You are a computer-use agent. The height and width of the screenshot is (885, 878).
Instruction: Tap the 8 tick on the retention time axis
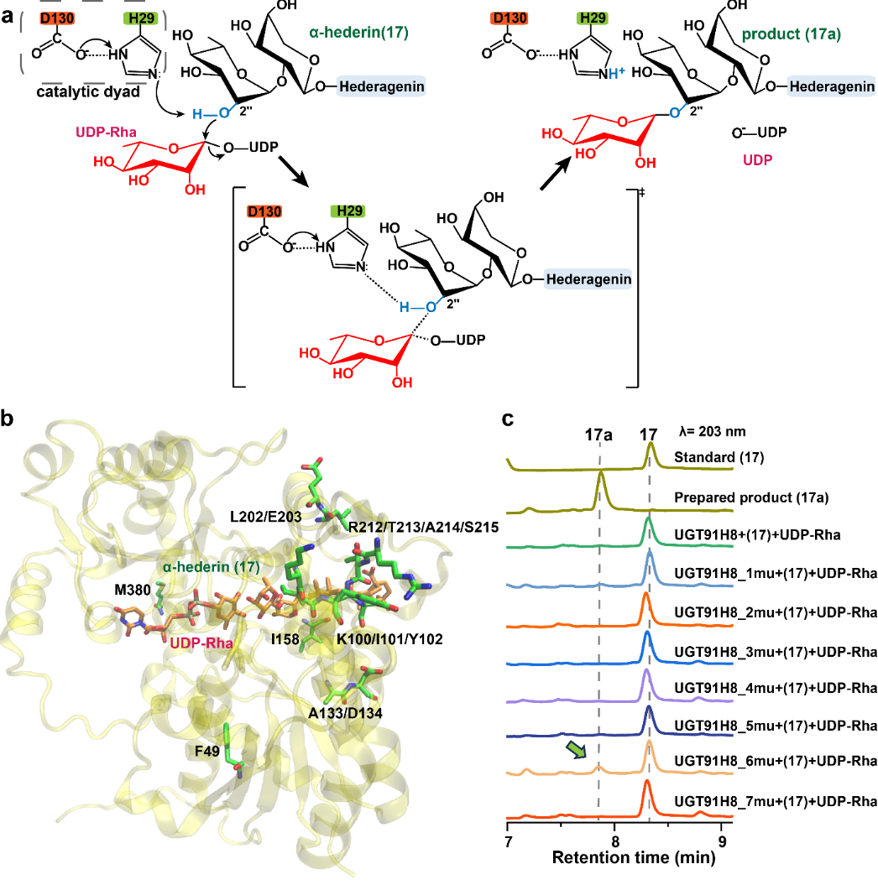coord(615,841)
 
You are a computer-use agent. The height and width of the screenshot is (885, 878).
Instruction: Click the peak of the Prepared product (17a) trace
coord(601,474)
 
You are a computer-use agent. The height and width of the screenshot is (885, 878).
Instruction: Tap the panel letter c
coord(509,419)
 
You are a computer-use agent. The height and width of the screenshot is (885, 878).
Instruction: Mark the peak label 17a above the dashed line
coord(598,436)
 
